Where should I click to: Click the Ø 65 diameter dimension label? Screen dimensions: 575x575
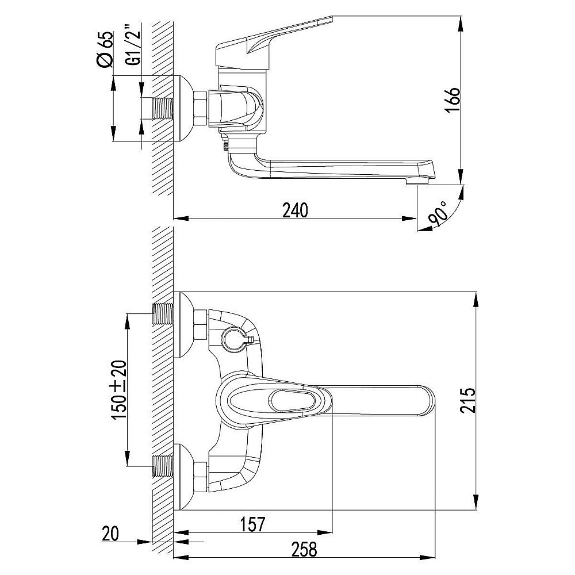pos(106,49)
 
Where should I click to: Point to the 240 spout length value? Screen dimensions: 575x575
pos(296,210)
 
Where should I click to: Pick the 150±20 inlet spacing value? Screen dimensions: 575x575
pos(118,390)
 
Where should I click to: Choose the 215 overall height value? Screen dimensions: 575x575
pos(468,400)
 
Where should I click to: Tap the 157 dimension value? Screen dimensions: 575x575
pos(252,524)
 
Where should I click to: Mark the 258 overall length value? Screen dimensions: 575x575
pos(304,550)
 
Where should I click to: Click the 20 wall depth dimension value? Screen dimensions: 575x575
pos(110,534)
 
